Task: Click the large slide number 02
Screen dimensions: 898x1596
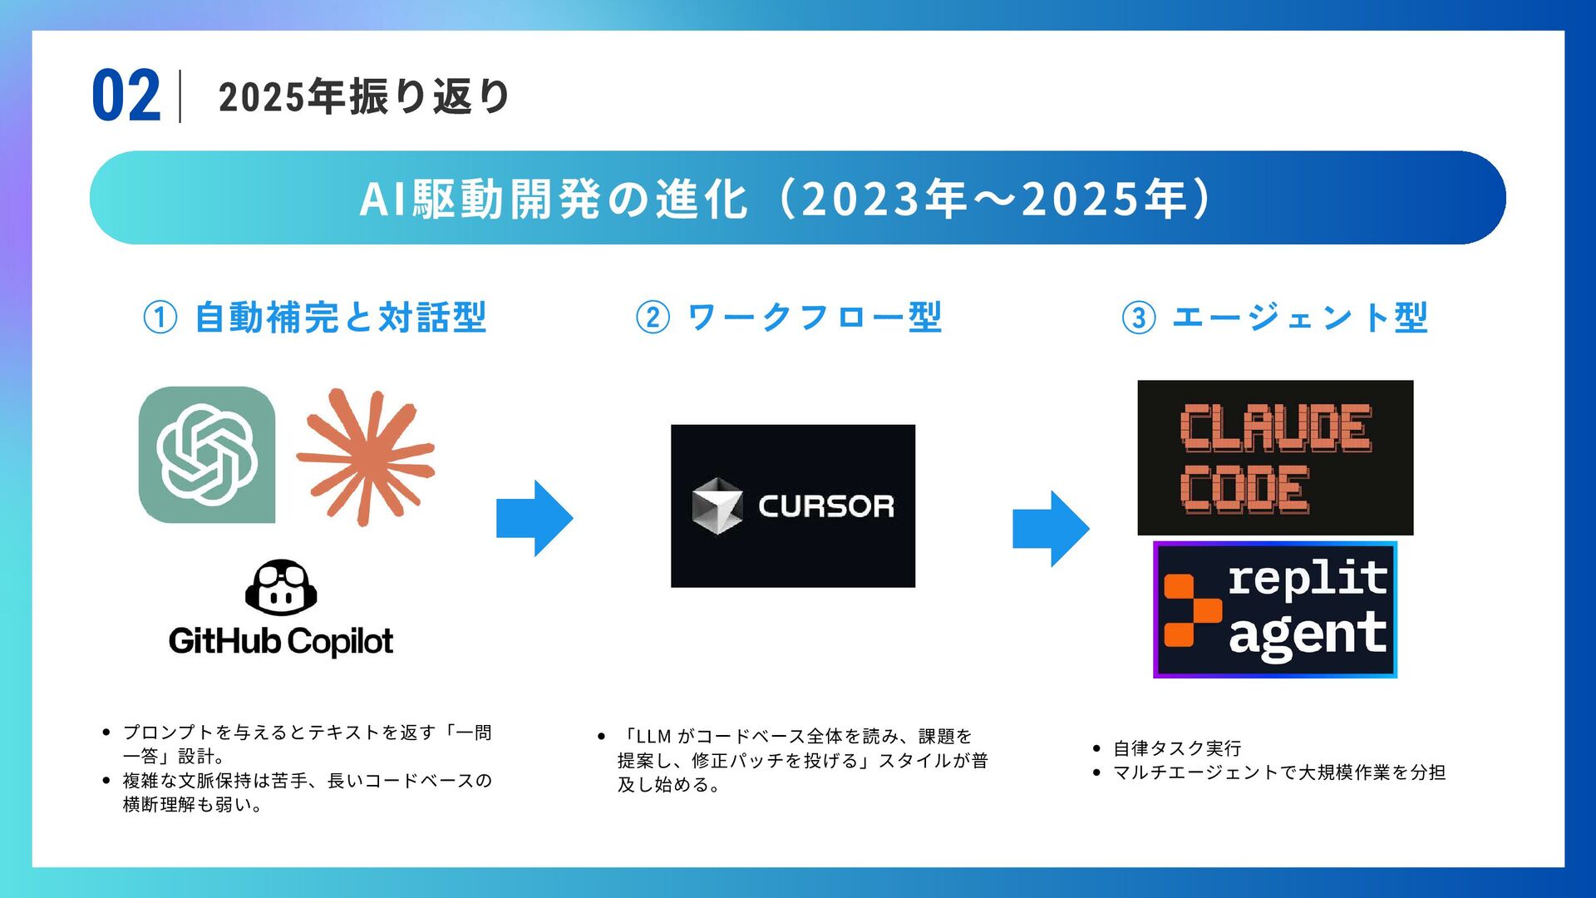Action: [126, 96]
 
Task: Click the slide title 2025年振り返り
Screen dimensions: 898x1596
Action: [363, 96]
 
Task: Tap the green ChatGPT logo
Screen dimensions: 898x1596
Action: [206, 455]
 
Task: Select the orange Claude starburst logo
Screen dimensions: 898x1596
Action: [366, 456]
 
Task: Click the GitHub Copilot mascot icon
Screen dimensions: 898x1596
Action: [281, 587]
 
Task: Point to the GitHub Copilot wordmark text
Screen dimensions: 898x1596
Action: [281, 641]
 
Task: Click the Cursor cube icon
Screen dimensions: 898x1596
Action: [717, 506]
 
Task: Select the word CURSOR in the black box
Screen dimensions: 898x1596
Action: [825, 506]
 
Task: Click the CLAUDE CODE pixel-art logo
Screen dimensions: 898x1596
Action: [1274, 457]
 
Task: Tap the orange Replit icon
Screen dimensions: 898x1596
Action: [1190, 610]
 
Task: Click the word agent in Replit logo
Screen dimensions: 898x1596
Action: [1307, 634]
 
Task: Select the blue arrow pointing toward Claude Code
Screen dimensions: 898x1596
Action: [1051, 529]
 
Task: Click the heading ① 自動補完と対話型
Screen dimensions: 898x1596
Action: [315, 318]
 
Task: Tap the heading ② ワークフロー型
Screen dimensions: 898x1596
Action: [789, 318]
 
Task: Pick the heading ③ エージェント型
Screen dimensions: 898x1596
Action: [1274, 318]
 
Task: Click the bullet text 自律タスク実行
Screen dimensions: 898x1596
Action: [1177, 748]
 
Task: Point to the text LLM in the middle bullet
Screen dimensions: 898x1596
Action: [653, 737]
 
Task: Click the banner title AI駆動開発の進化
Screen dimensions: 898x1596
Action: [554, 200]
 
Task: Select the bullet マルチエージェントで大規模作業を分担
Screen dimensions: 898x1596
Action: [1279, 772]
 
